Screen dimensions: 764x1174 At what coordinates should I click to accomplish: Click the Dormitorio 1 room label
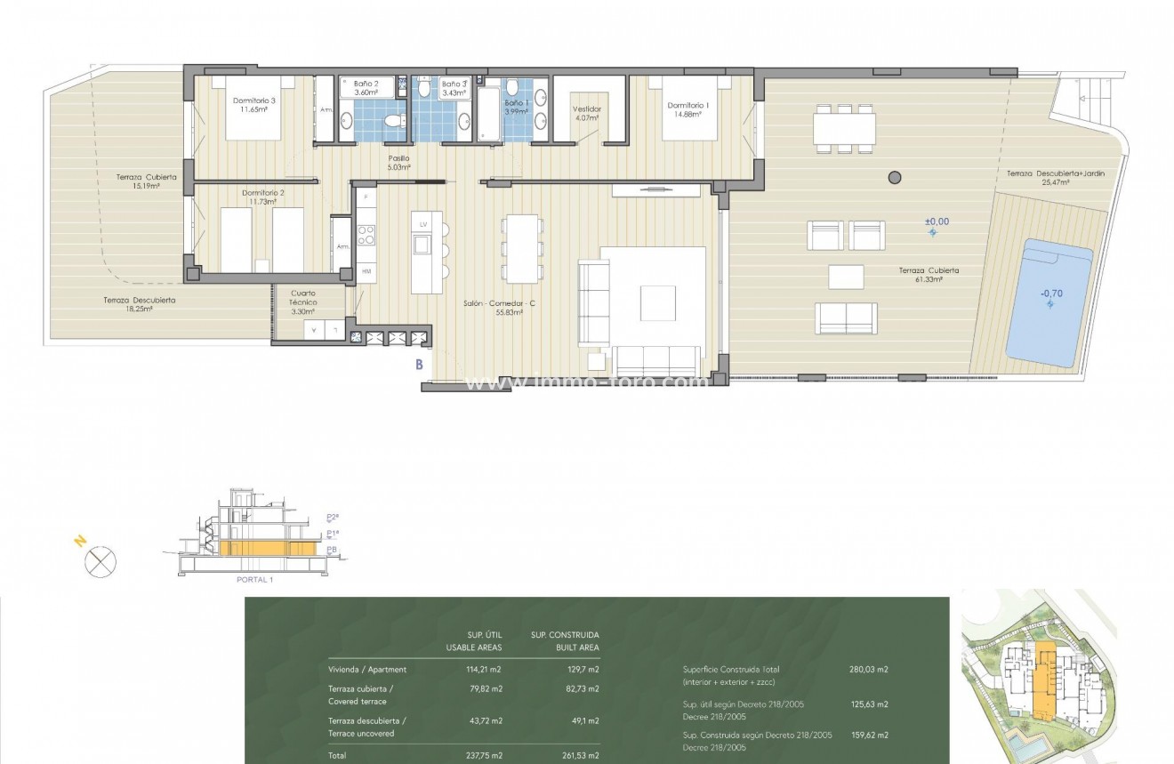pyautogui.click(x=690, y=109)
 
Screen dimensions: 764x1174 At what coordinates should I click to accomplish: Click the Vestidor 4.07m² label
pyautogui.click(x=587, y=113)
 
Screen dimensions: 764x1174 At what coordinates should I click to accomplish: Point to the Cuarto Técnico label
pyautogui.click(x=303, y=298)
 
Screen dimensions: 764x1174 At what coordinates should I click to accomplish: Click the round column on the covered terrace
pyautogui.click(x=895, y=177)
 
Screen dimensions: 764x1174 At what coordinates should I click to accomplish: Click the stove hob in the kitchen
pyautogui.click(x=366, y=235)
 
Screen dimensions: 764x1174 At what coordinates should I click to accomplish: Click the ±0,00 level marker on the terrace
pyautogui.click(x=937, y=222)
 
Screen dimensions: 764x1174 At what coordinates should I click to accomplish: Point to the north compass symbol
pyautogui.click(x=101, y=561)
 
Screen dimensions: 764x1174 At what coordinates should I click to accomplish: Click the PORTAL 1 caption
pyautogui.click(x=253, y=579)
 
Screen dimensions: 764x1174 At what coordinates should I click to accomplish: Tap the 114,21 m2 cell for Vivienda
pyautogui.click(x=485, y=670)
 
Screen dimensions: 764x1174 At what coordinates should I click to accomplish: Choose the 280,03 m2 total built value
pyautogui.click(x=869, y=670)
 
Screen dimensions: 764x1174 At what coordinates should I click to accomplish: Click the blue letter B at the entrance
pyautogui.click(x=419, y=363)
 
